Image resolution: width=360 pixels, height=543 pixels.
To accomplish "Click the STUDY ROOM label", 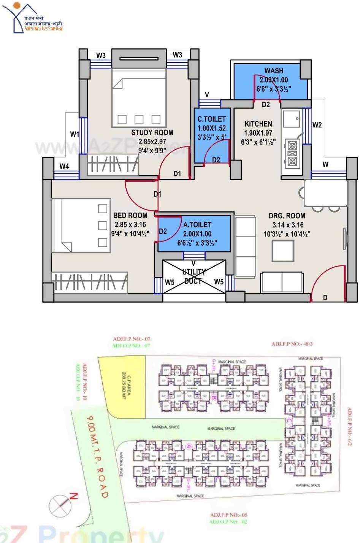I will pos(152,133).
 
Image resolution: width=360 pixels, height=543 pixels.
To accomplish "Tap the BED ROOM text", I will pos(130,215).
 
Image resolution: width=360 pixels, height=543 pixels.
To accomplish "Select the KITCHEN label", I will pos(258,124).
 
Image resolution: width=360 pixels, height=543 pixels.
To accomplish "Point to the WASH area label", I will pos(274,71).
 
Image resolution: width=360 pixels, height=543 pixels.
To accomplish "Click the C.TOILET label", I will pos(211,119).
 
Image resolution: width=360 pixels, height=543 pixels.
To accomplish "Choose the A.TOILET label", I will pos(197,225).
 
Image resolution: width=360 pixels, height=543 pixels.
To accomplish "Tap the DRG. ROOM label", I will pos(287,216).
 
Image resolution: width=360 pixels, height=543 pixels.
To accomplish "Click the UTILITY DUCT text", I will pos(194,276).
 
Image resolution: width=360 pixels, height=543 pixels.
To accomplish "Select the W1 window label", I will pos(75,134).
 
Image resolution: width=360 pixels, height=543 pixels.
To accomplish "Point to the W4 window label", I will pos(64,166).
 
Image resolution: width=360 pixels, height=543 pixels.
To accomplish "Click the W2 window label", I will pos(317,125).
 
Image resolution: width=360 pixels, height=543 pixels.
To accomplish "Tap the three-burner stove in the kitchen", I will pos(292,154).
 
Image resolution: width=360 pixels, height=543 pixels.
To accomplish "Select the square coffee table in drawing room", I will pos(283,251).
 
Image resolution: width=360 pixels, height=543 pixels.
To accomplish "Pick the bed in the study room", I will pos(139,98).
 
